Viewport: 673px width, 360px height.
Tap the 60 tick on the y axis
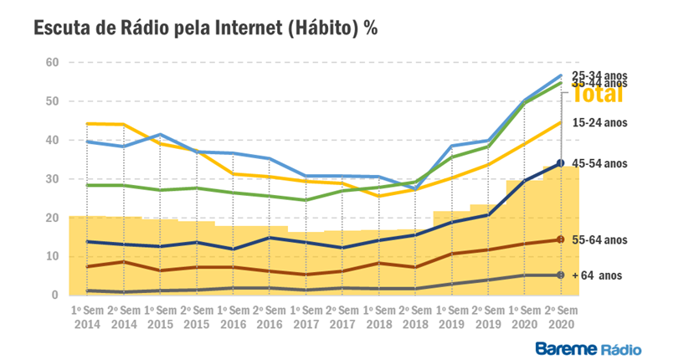pos(52,63)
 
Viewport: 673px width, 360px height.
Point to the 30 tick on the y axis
pos(52,179)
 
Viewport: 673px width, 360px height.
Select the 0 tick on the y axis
pos(54,296)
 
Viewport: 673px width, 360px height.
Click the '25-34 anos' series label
pos(599,75)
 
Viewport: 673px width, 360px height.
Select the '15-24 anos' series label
pos(600,122)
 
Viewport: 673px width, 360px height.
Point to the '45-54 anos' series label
pos(600,163)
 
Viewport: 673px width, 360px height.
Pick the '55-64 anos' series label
pos(600,240)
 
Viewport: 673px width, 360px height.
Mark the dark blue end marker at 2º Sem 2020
pos(560,163)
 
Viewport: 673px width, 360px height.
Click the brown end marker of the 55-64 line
pos(560,240)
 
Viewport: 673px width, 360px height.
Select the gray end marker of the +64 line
pos(560,275)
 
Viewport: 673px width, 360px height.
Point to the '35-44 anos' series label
pos(599,85)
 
